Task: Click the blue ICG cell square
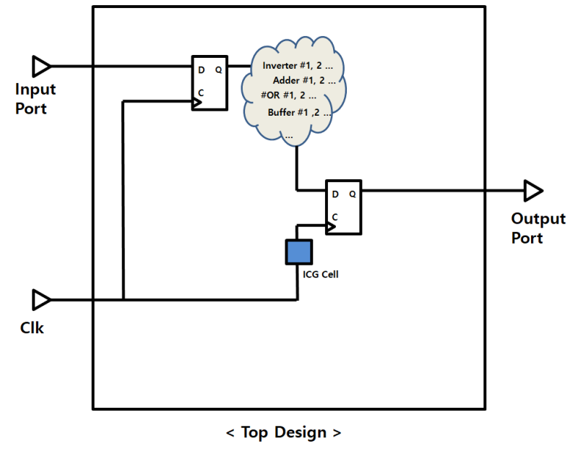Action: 298,251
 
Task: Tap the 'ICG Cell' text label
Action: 321,274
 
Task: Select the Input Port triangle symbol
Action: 42,67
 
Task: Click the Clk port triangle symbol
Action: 42,299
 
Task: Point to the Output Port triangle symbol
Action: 533,191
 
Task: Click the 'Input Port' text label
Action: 35,99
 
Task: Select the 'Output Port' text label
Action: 538,228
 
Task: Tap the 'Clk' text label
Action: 32,328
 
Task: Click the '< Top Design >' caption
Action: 283,432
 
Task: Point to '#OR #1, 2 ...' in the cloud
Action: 288,95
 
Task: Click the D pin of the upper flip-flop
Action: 201,70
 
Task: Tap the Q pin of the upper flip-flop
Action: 218,70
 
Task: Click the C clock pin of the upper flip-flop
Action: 201,93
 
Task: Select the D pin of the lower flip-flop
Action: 335,194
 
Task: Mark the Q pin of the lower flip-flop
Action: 353,194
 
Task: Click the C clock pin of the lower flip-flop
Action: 335,217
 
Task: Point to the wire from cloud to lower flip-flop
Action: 297,170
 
